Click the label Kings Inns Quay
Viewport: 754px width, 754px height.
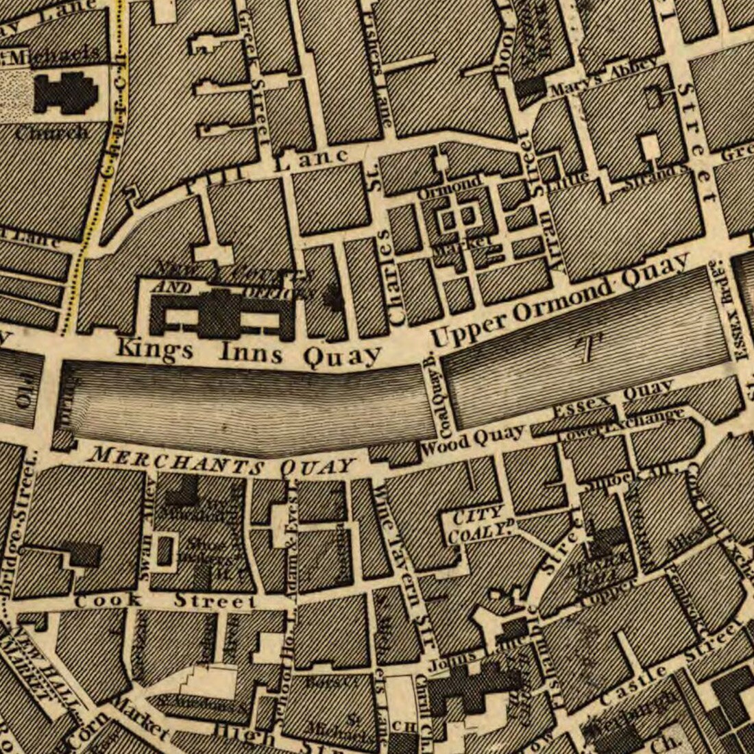pyautogui.click(x=248, y=352)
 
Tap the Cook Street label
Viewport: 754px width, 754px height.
pyautogui.click(x=165, y=601)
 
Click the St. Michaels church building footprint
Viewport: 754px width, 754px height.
pyautogui.click(x=66, y=93)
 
